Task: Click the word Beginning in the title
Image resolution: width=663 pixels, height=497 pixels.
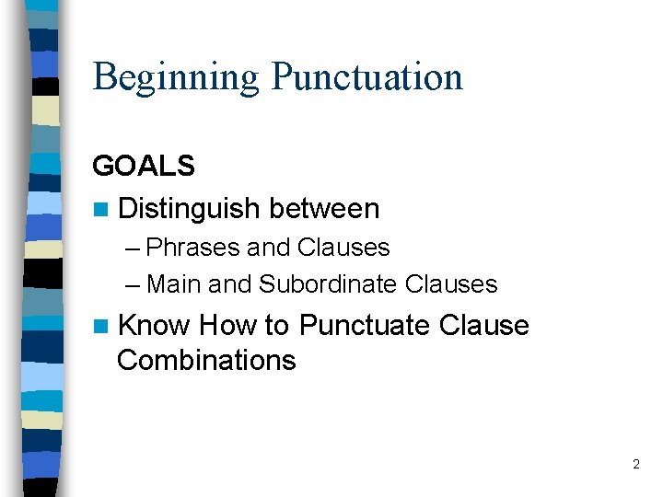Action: point(176,77)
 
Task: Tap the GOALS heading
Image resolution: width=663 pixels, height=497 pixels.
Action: point(144,166)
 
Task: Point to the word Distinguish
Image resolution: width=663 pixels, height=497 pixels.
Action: point(190,209)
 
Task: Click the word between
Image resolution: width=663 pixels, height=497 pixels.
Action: point(324,209)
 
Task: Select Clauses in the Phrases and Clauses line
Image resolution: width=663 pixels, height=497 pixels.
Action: point(343,248)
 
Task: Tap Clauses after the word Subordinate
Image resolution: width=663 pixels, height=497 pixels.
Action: point(451,284)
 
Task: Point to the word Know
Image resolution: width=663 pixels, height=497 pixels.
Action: point(154,326)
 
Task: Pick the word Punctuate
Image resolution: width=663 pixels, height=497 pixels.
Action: point(365,326)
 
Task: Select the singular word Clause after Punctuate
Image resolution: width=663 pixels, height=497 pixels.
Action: point(484,326)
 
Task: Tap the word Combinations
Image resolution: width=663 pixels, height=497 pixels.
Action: point(206,360)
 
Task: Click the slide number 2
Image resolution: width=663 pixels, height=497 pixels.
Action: point(635,465)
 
